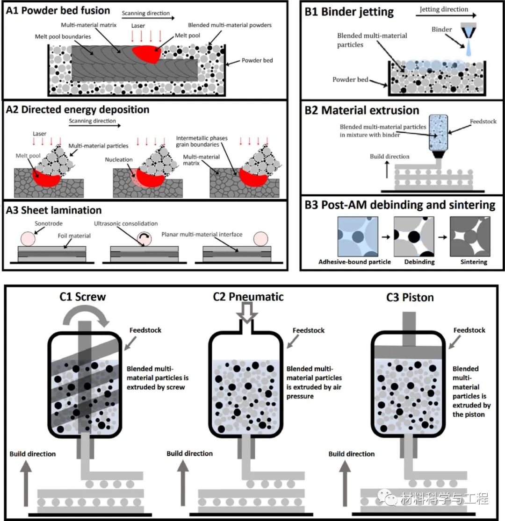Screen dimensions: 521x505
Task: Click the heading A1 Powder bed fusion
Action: coord(58,11)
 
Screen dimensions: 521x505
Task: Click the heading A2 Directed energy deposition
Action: coord(78,110)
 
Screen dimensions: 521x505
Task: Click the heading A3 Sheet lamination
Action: coord(54,210)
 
